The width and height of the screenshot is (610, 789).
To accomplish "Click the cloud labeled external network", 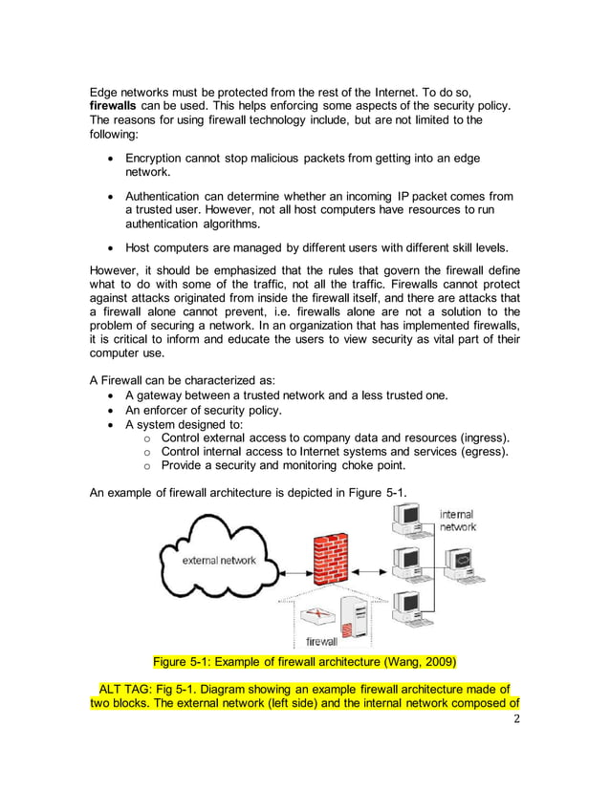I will tap(217, 560).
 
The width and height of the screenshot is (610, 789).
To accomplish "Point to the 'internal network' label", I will tap(457, 521).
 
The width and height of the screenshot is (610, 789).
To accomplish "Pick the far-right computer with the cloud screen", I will tap(463, 563).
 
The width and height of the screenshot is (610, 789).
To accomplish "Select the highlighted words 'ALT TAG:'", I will tap(131, 689).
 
